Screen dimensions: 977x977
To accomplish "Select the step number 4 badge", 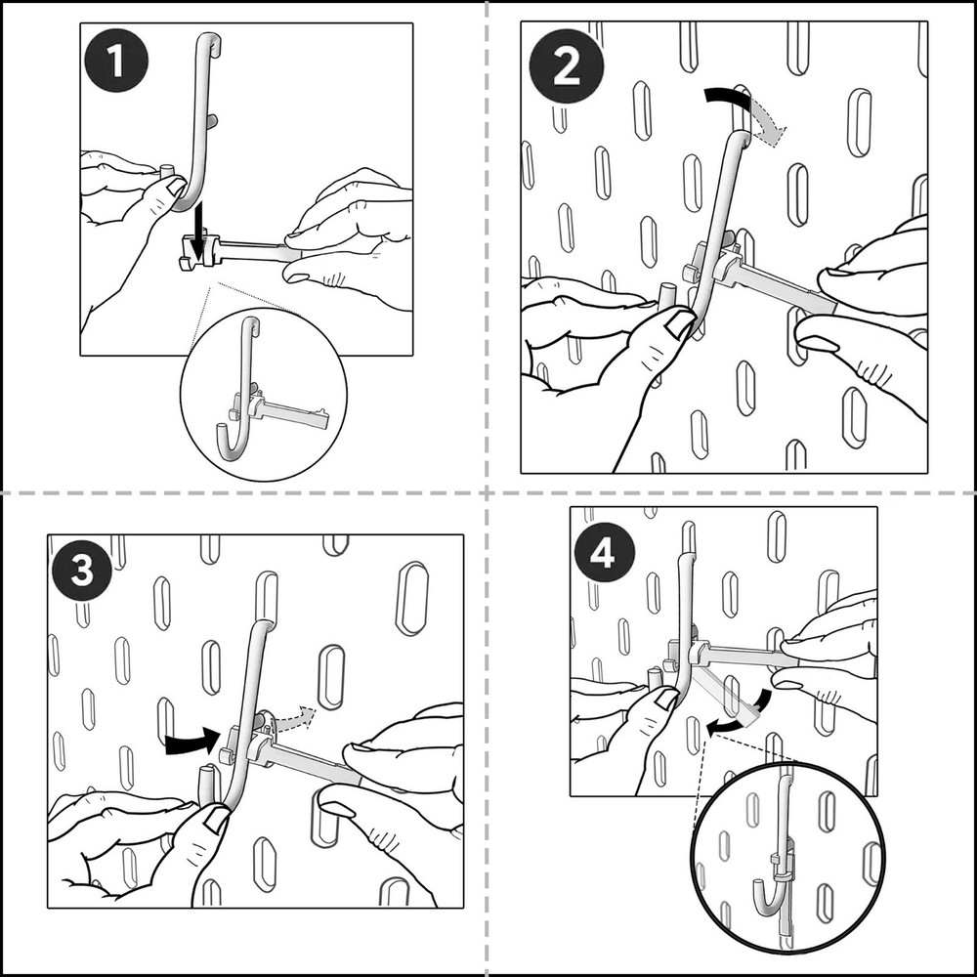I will (x=603, y=554).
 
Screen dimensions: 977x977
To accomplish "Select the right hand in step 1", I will (x=352, y=234).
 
